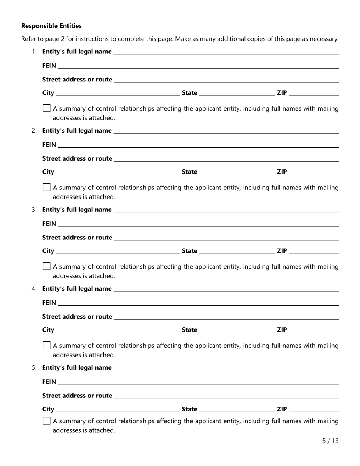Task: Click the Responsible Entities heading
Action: pyautogui.click(x=51, y=26)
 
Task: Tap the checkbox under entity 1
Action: pyautogui.click(x=47, y=108)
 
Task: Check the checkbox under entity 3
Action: pyautogui.click(x=47, y=266)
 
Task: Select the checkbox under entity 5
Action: pyautogui.click(x=47, y=421)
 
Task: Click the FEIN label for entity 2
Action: pyautogui.click(x=49, y=144)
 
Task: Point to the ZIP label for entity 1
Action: pyautogui.click(x=282, y=93)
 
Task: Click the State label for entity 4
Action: pyautogui.click(x=189, y=330)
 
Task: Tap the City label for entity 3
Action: pyautogui.click(x=48, y=251)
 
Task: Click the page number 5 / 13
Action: pyautogui.click(x=330, y=441)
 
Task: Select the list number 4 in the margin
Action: pyautogui.click(x=34, y=289)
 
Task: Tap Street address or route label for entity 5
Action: pyautogui.click(x=77, y=396)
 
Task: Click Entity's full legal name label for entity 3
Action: pyautogui.click(x=77, y=210)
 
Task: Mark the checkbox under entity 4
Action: pyautogui.click(x=47, y=345)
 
